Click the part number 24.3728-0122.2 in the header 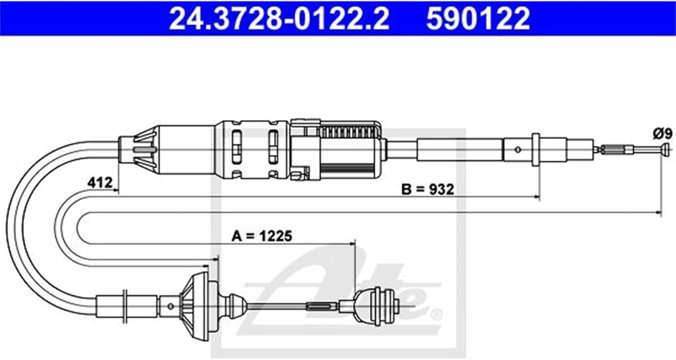click(279, 19)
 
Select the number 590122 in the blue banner click(478, 19)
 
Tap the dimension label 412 click(100, 182)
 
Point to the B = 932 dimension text click(428, 189)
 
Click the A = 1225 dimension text click(262, 236)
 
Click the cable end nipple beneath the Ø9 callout click(666, 149)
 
